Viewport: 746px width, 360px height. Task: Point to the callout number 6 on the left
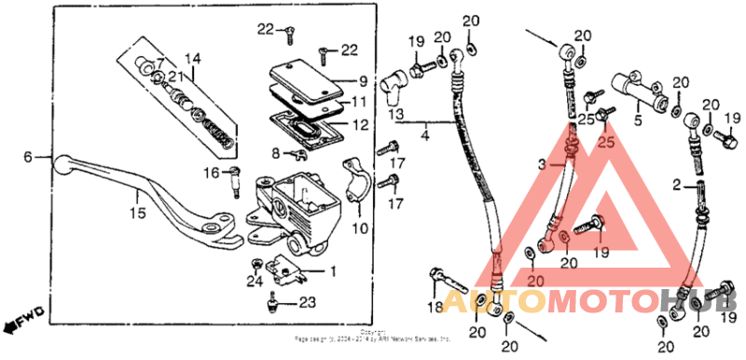(x=28, y=157)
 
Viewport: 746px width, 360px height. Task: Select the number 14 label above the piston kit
(x=192, y=59)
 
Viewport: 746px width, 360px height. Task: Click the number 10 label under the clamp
(x=360, y=228)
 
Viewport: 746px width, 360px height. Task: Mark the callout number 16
(x=211, y=173)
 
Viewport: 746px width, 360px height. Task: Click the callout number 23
(x=308, y=303)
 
